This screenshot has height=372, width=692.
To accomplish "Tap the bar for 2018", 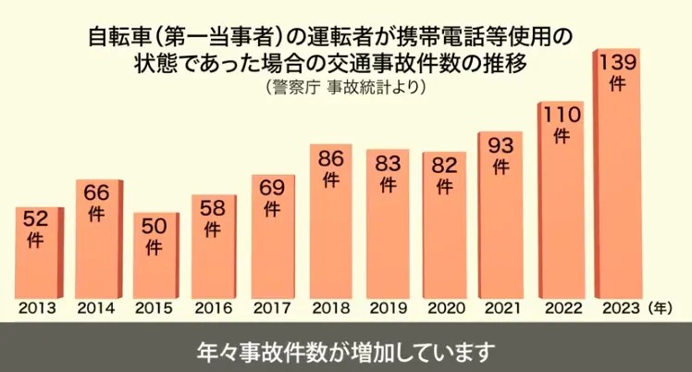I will (329, 222).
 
